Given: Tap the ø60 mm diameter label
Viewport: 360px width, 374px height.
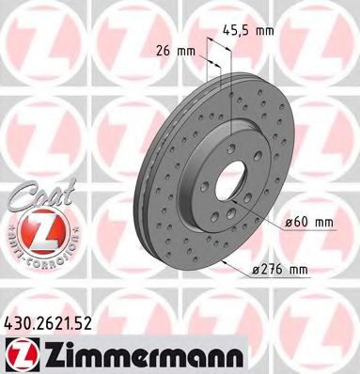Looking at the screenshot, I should [x=309, y=222].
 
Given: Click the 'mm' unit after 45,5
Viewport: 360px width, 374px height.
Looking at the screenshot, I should [x=266, y=31].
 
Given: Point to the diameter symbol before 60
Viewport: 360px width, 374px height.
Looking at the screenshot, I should [x=286, y=222].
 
